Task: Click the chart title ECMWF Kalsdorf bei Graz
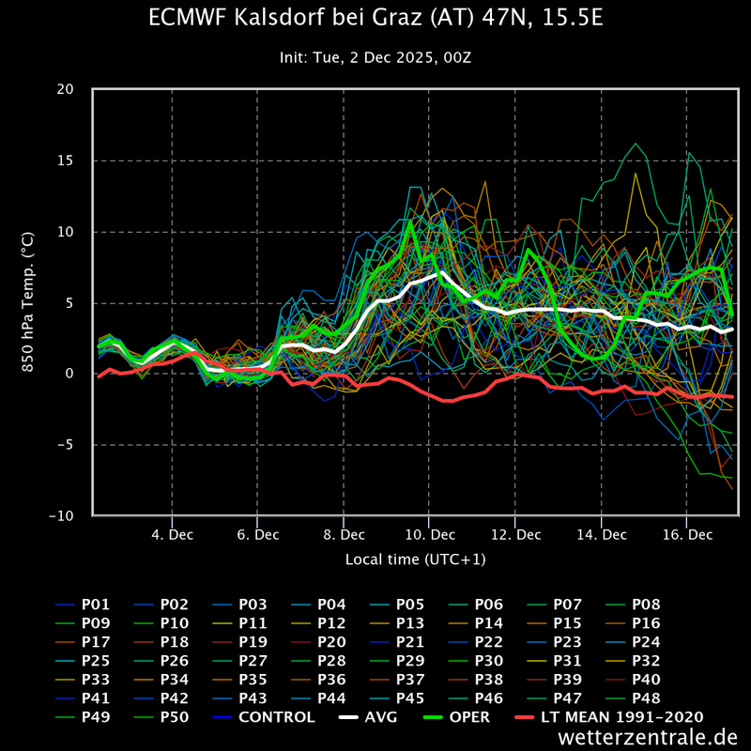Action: (x=375, y=18)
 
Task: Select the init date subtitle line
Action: (x=375, y=57)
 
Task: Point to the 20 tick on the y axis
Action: (x=65, y=89)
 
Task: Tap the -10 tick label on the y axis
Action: (x=62, y=515)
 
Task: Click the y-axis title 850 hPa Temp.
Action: (x=28, y=302)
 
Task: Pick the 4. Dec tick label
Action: (x=172, y=534)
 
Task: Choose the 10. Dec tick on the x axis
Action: (x=430, y=534)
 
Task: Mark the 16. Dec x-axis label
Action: (x=687, y=534)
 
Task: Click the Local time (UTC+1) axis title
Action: (x=415, y=559)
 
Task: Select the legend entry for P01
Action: (x=83, y=605)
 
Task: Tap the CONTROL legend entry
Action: (x=264, y=717)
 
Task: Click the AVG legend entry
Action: (x=368, y=717)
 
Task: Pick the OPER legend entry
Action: (x=456, y=717)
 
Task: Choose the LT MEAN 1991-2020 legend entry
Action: (x=608, y=717)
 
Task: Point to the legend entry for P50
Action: (x=161, y=717)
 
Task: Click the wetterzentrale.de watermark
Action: (x=648, y=737)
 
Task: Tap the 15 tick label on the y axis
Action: (x=65, y=161)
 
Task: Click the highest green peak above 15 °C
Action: (x=636, y=144)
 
